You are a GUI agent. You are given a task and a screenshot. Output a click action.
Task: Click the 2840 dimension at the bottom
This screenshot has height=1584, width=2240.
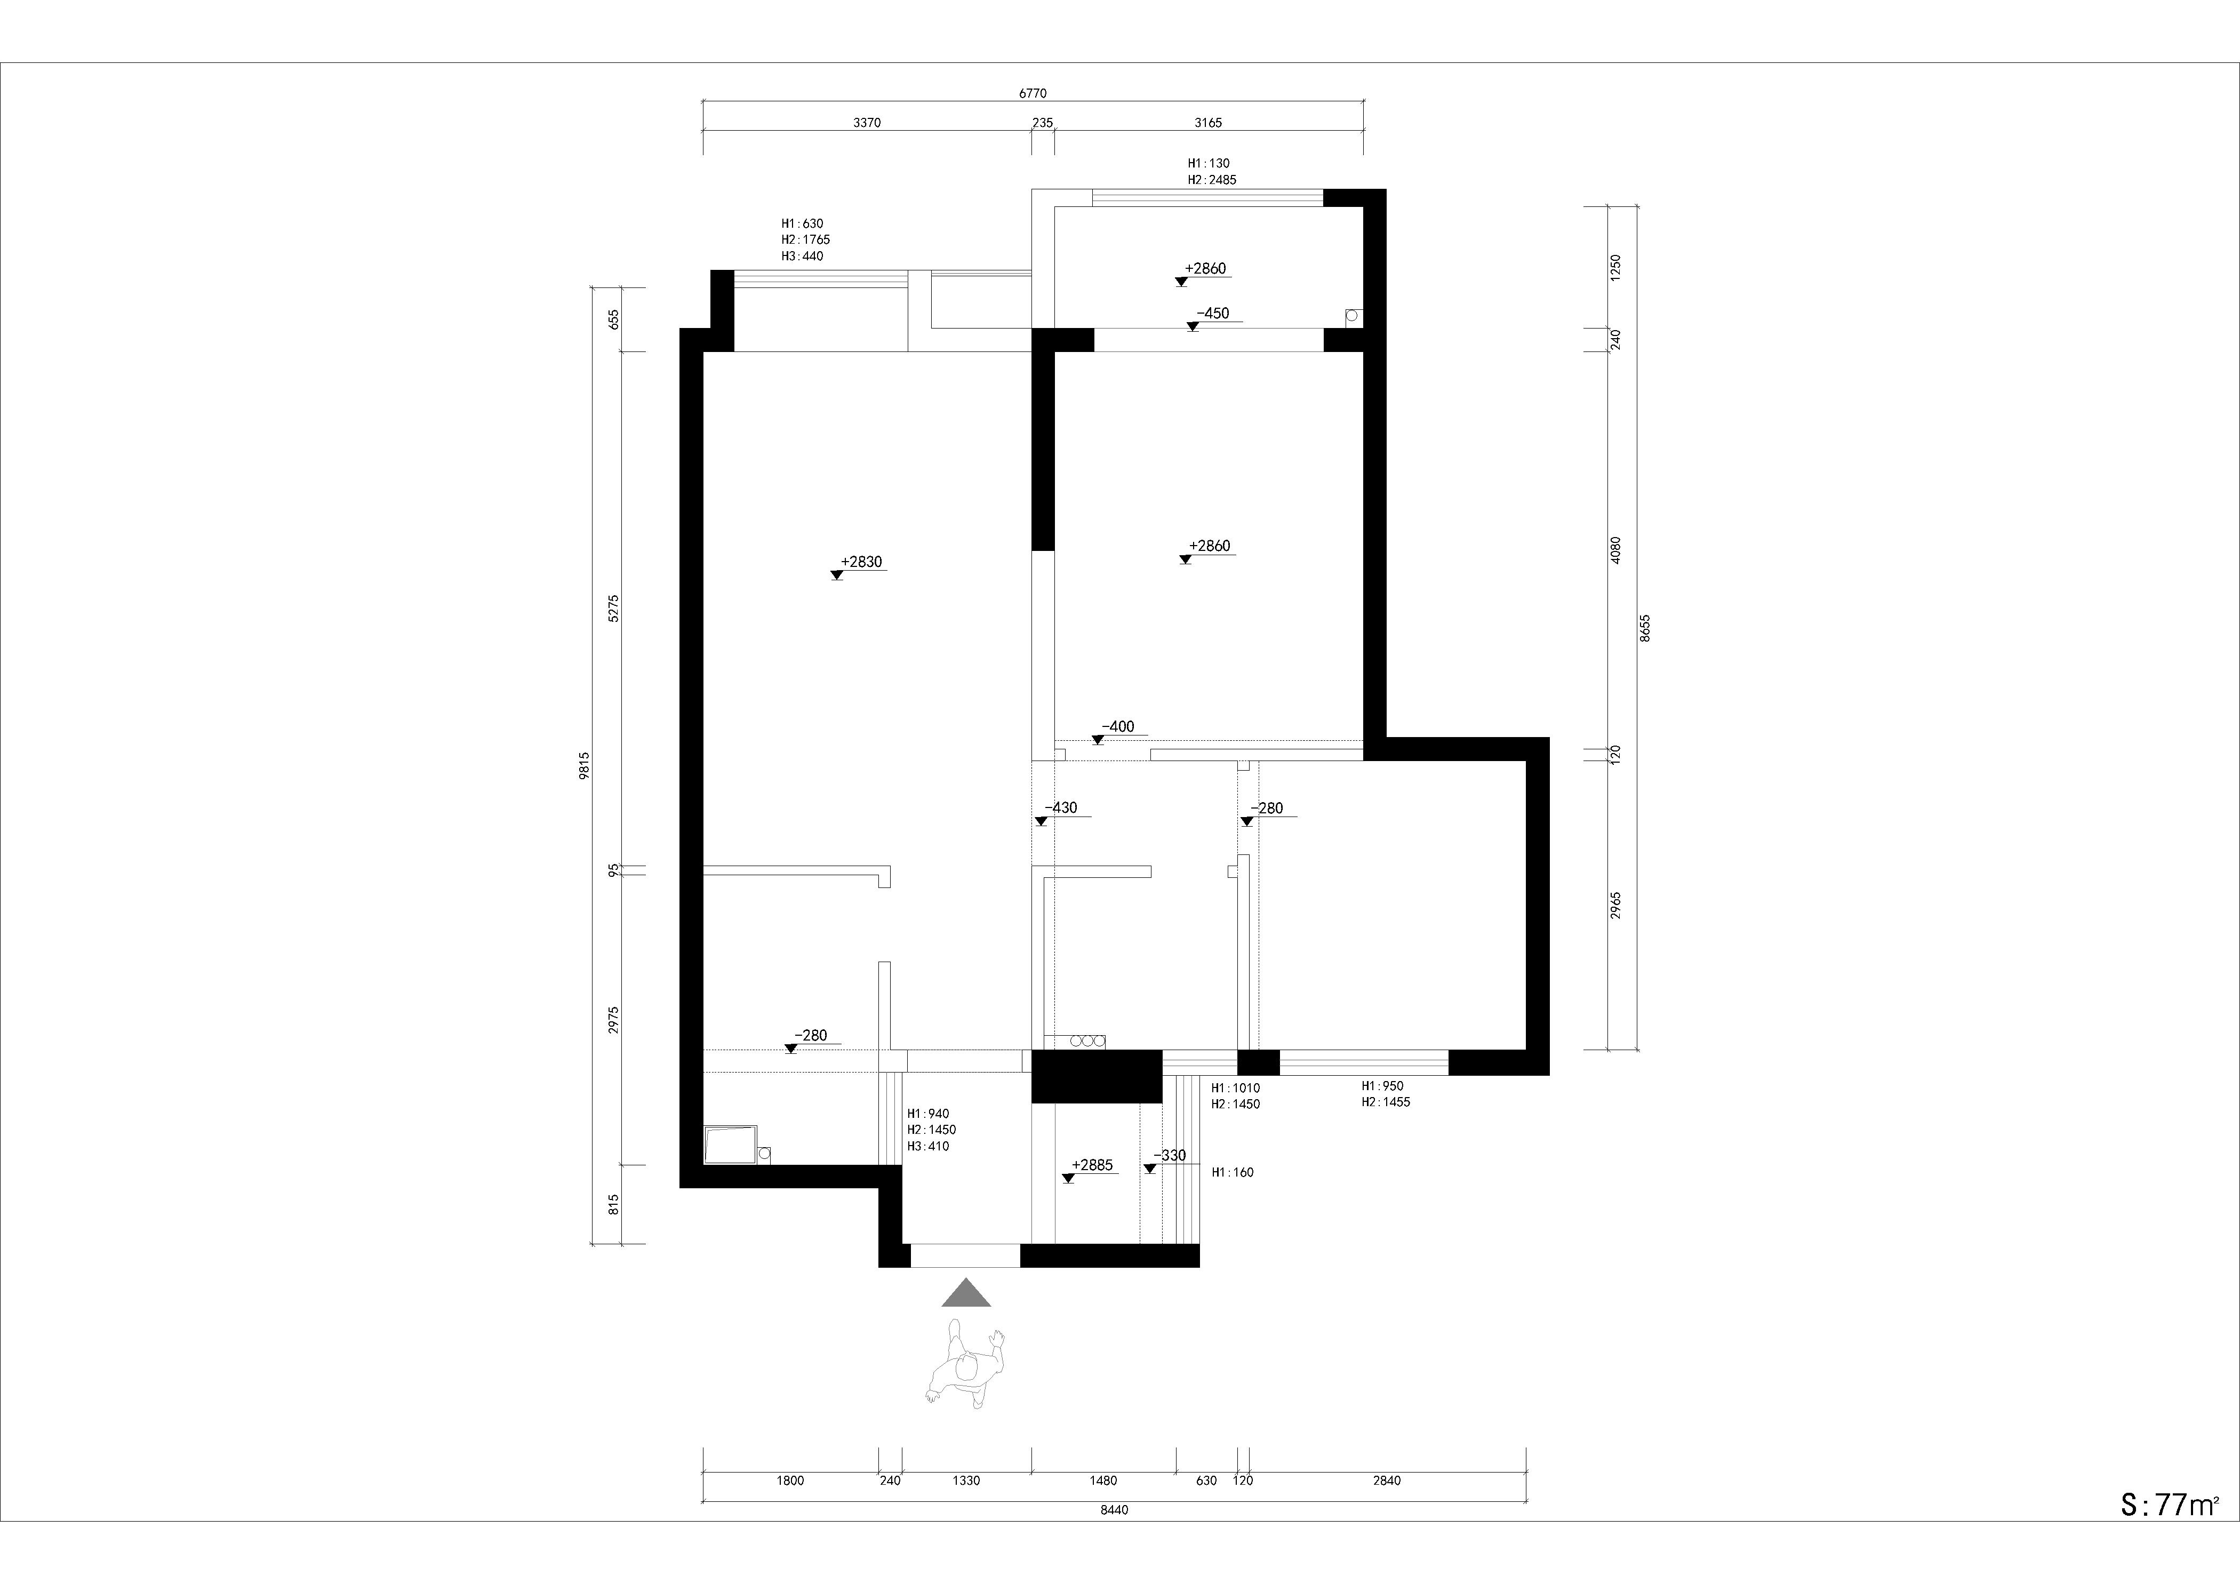point(1386,1481)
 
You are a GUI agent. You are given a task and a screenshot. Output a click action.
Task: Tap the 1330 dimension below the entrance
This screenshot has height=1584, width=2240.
point(966,1481)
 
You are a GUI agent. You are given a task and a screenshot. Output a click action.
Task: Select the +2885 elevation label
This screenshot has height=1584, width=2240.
point(1092,1165)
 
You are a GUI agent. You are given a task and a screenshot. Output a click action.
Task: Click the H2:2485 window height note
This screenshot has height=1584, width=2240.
point(1212,180)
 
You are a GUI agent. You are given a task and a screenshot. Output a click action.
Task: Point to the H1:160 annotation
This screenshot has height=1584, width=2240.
point(1232,1172)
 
